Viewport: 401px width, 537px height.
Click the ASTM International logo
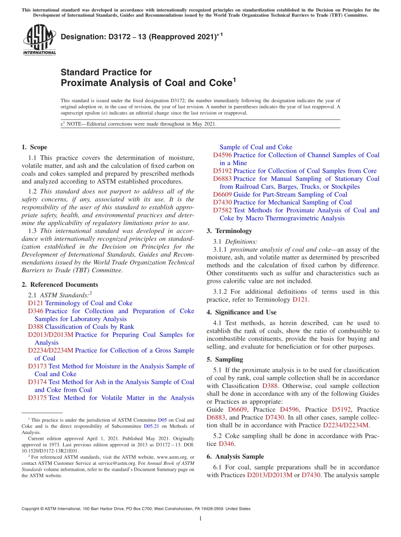[x=39, y=40]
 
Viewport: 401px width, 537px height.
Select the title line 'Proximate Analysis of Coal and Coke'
[x=146, y=83]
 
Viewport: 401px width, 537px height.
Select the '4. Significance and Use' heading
[x=241, y=312]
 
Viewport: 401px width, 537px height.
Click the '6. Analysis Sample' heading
[x=235, y=457]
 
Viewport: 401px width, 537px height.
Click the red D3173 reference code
[x=37, y=366]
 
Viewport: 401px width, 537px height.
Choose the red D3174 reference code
[x=37, y=382]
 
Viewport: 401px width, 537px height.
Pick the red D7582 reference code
[x=222, y=210]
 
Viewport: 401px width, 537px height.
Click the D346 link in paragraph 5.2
[x=227, y=444]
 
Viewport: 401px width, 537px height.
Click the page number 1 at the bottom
[x=200, y=519]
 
